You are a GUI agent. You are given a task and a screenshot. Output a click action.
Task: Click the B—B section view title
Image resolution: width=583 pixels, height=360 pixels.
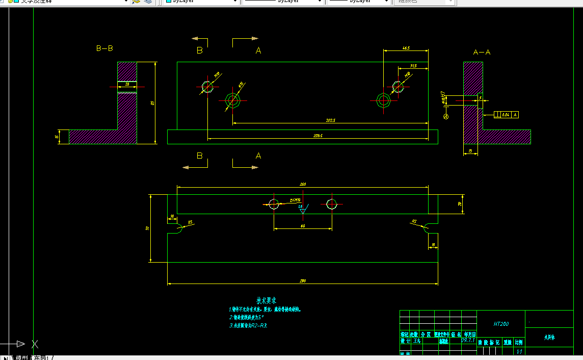[104, 48]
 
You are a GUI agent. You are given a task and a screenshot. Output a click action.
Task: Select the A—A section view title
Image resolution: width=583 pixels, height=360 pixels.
[482, 52]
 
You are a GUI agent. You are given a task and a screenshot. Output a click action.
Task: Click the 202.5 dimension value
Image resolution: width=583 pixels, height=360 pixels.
[330, 120]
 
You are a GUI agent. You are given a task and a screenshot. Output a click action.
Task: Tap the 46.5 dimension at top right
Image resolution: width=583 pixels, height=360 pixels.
[406, 48]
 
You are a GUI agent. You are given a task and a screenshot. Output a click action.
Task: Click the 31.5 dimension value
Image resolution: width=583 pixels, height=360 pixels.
[413, 66]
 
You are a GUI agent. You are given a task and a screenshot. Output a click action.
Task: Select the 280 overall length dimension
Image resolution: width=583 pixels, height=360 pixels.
[302, 281]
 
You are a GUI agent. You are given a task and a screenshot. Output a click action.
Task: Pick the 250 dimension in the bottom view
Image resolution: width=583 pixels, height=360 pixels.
[302, 184]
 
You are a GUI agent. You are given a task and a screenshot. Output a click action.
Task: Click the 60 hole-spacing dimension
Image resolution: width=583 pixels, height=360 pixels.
[303, 226]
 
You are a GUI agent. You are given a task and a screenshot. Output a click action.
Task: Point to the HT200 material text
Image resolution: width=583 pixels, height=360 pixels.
[500, 324]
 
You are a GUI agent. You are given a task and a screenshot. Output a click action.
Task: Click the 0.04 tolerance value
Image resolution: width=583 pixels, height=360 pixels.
[506, 115]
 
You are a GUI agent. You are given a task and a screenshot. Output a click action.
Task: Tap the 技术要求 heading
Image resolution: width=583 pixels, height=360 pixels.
[266, 301]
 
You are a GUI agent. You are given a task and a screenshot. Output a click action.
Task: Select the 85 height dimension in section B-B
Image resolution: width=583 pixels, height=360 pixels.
[152, 103]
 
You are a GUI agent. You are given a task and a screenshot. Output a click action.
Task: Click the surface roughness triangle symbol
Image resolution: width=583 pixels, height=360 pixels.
[303, 210]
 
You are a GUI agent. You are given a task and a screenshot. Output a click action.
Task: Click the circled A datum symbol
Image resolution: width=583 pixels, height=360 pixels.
[446, 117]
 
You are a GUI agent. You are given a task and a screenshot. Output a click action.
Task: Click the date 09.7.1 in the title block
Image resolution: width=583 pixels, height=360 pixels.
[467, 340]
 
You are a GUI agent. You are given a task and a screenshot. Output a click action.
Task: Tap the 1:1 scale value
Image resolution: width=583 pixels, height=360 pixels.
[519, 351]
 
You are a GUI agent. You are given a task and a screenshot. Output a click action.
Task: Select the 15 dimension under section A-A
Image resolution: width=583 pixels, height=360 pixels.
[469, 151]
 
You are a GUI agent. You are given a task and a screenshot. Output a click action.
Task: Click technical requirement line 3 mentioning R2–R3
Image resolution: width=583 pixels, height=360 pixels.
[248, 325]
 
